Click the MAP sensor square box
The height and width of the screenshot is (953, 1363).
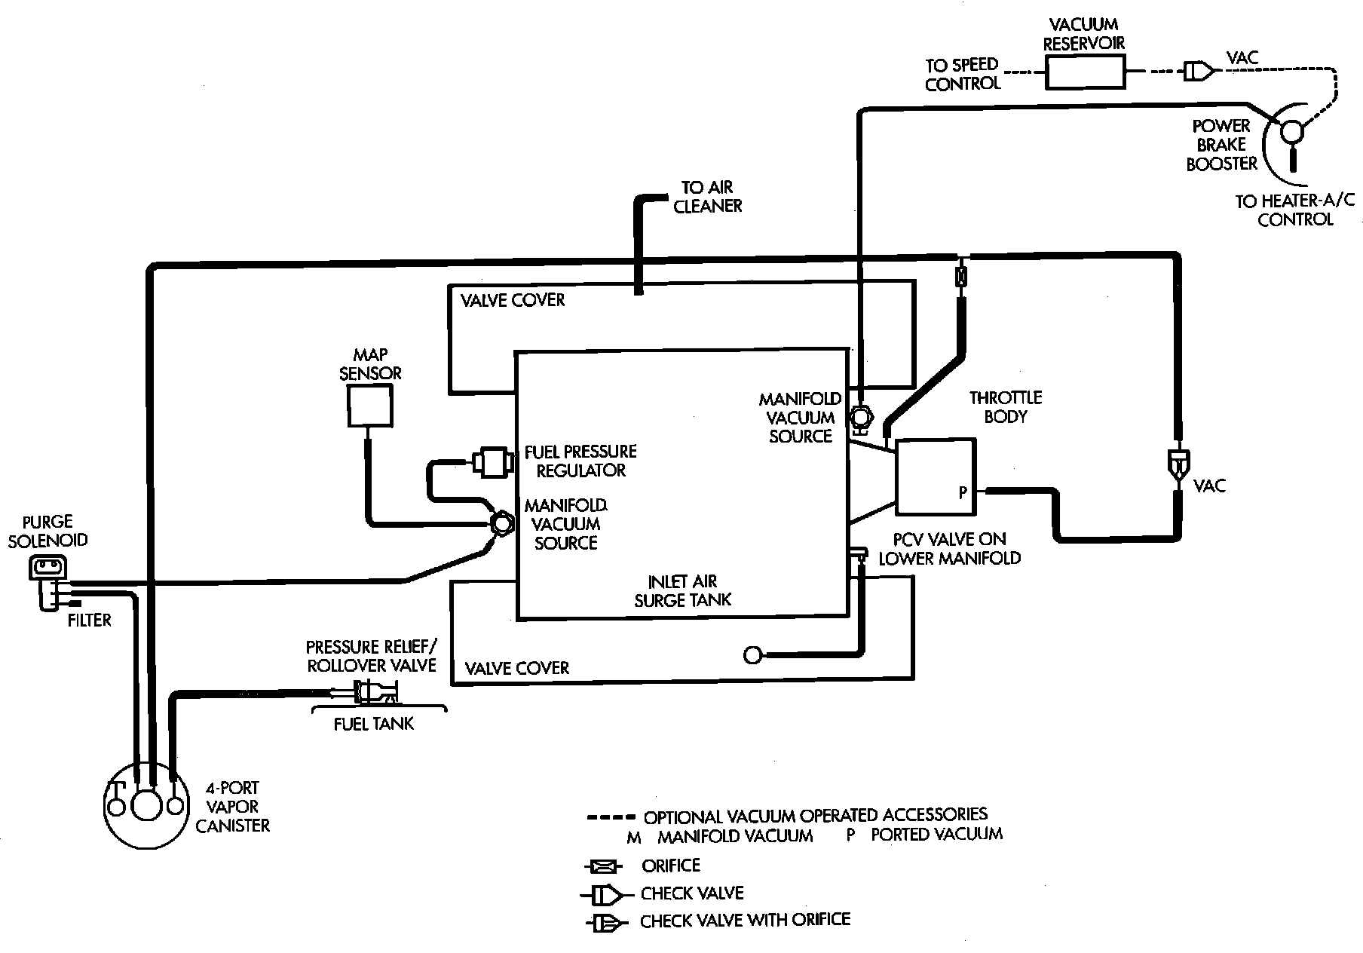point(369,406)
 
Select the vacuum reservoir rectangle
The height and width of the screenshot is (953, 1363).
point(1086,74)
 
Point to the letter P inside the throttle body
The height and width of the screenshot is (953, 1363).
point(963,492)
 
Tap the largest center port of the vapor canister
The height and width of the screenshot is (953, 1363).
point(145,805)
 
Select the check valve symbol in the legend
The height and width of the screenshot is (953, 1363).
point(603,895)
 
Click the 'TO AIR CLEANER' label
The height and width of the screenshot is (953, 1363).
point(707,196)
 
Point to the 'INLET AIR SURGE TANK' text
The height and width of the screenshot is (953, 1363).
point(683,591)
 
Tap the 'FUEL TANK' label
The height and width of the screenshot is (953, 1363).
point(374,724)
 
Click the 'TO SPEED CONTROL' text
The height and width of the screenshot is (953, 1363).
point(962,74)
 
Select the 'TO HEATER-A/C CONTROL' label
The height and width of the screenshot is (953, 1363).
point(1294,210)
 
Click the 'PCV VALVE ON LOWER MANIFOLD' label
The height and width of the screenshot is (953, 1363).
point(950,549)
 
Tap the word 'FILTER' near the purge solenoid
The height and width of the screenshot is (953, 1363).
point(90,621)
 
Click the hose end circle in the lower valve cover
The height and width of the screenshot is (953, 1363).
point(752,655)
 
